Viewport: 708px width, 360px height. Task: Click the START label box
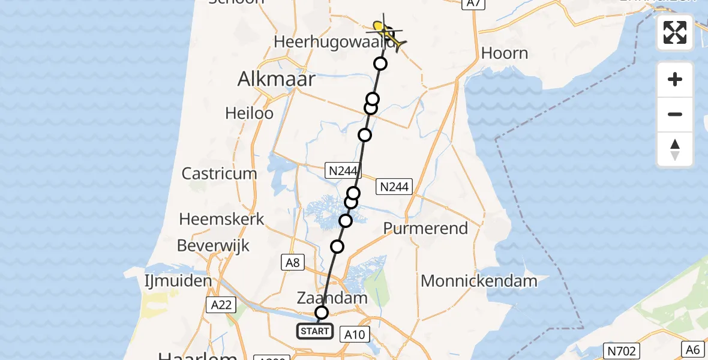[315, 331]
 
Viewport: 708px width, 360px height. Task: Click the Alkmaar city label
[276, 79]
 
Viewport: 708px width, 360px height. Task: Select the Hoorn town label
[504, 53]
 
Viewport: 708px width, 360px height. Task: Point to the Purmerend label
[425, 229]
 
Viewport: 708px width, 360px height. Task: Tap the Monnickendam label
[478, 280]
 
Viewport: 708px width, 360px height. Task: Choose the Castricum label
[219, 174]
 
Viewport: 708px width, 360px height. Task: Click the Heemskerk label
[221, 219]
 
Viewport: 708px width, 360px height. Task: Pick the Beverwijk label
[213, 245]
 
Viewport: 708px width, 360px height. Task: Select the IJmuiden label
[178, 281]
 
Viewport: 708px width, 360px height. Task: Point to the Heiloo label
[249, 113]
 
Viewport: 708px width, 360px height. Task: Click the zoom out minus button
[675, 114]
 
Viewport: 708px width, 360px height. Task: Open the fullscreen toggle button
[675, 32]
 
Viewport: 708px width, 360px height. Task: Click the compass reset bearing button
[675, 149]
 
